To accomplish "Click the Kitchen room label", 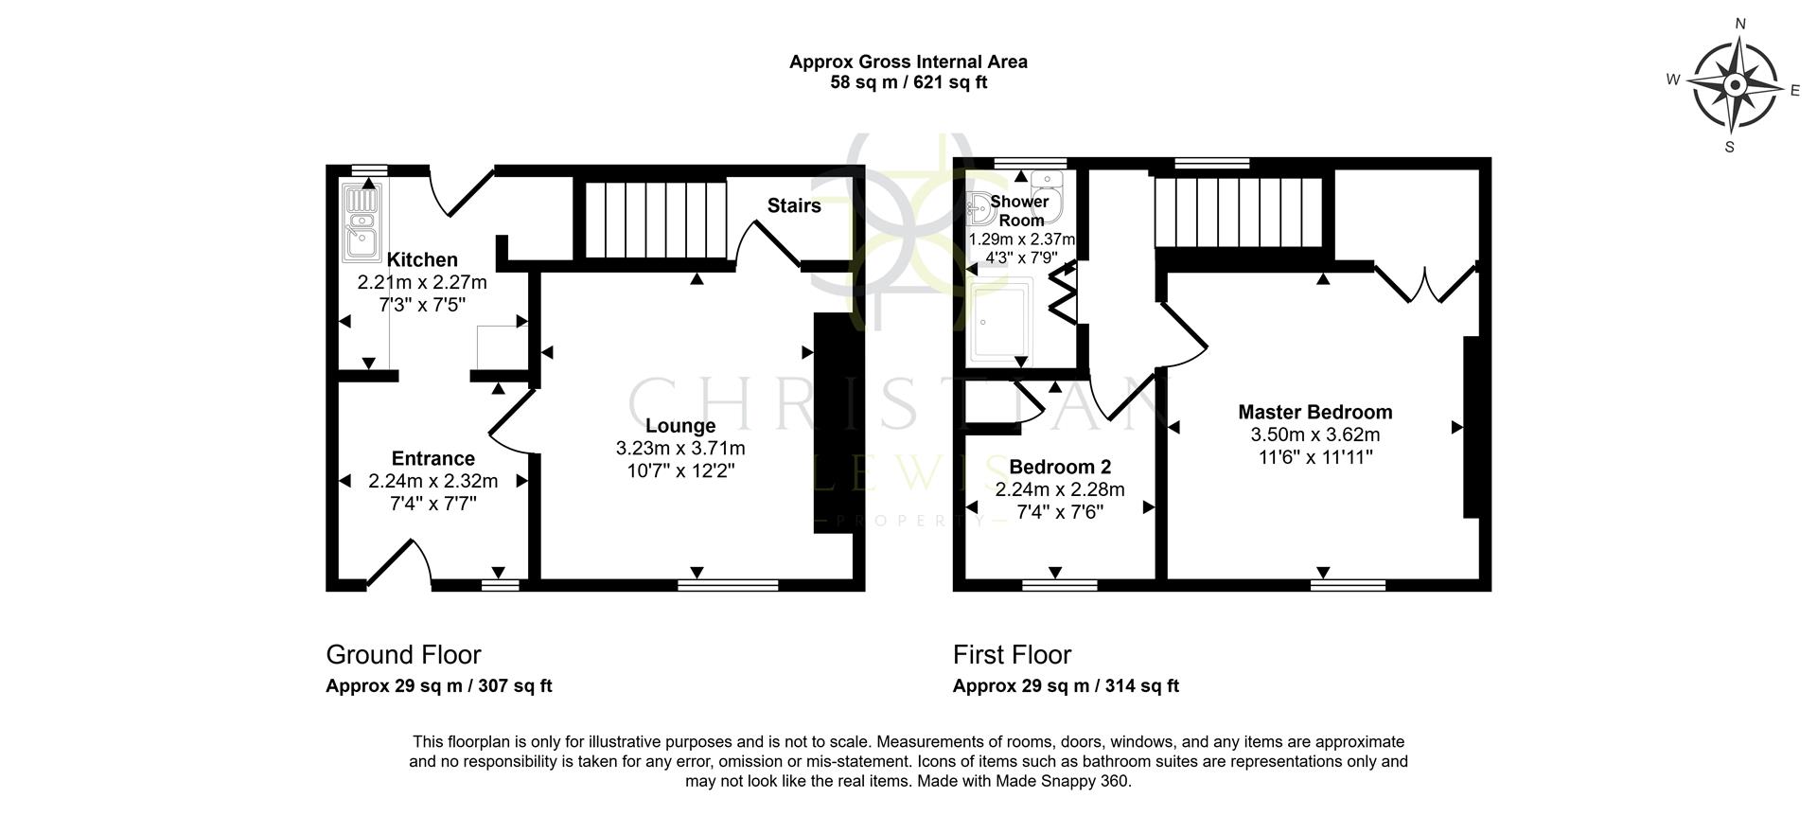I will tap(422, 259).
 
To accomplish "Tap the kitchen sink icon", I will tap(362, 222).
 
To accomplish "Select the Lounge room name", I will tap(679, 426).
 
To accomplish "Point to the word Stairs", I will tap(793, 205).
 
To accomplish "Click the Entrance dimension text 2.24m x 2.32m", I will tap(432, 481).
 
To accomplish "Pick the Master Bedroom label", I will tap(1314, 412).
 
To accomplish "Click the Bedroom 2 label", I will tap(1059, 467).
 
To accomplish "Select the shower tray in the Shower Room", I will tap(1001, 320).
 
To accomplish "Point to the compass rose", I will tap(1734, 86).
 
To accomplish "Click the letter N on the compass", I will tap(1739, 25).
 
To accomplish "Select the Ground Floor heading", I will tap(403, 654).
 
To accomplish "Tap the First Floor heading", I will tap(1012, 654).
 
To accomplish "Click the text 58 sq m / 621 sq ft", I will tap(908, 82).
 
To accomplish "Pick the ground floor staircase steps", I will tap(655, 219).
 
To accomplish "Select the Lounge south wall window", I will tap(728, 585).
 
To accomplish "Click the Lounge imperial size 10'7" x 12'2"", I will tap(679, 470).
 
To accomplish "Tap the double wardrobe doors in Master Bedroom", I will tap(1424, 282).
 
